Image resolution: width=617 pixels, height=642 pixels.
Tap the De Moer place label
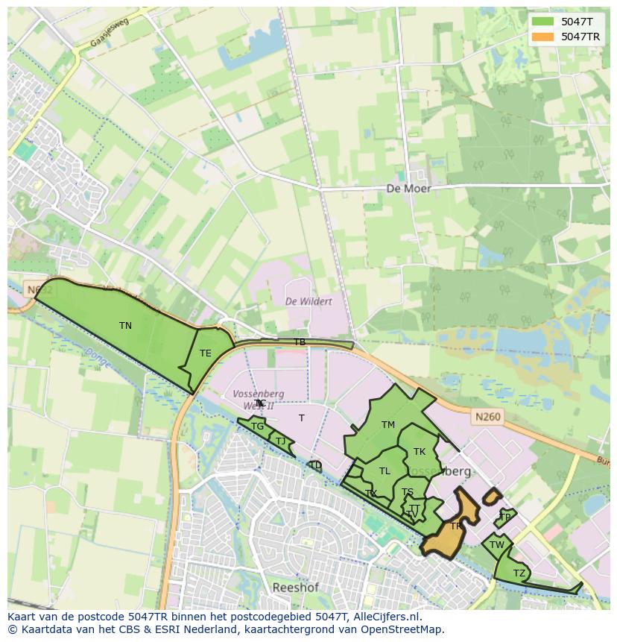tap(408, 189)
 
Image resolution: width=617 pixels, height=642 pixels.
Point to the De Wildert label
tap(308, 301)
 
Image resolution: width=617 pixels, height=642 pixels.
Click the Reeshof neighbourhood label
tap(295, 588)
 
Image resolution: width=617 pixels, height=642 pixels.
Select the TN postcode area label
tap(125, 326)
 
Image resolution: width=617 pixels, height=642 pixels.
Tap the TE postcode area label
tap(205, 353)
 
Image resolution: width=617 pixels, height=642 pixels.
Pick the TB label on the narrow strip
tap(300, 342)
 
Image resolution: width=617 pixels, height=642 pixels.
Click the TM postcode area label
tap(387, 425)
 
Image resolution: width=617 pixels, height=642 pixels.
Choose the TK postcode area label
tap(420, 452)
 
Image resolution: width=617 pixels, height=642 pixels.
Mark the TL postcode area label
tap(385, 471)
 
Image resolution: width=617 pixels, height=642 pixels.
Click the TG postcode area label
tap(257, 427)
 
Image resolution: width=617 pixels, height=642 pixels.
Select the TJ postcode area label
tap(280, 441)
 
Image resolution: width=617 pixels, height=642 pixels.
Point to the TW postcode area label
tap(497, 545)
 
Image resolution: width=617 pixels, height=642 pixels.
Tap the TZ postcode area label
tap(519, 573)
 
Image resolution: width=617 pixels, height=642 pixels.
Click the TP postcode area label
tap(505, 517)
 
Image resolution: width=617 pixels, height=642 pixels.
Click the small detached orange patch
tap(491, 496)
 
